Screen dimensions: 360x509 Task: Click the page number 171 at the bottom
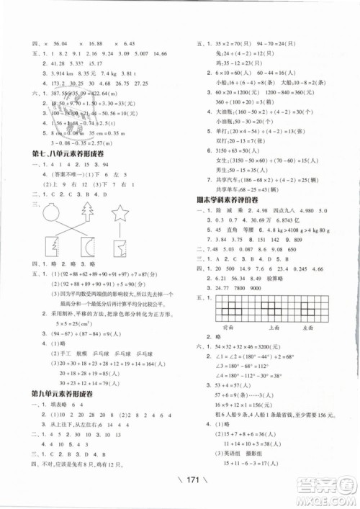[x=180, y=475]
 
